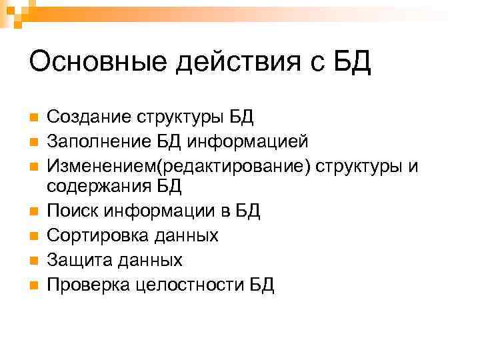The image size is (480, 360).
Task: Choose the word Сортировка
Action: [92, 235]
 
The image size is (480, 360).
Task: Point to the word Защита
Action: [75, 259]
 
